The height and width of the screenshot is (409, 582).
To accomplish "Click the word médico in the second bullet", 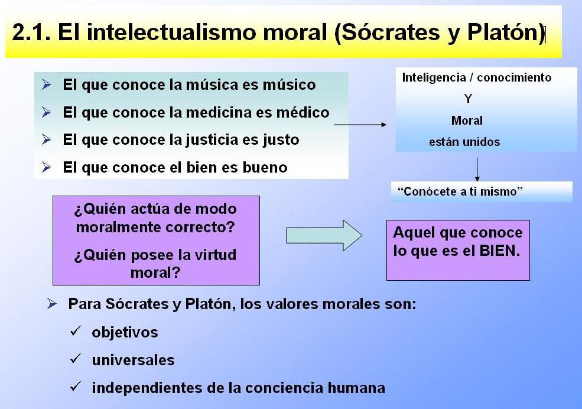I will [x=301, y=112].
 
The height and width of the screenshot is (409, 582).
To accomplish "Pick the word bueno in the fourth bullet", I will [x=265, y=167].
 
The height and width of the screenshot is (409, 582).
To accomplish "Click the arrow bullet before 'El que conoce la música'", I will [x=47, y=85].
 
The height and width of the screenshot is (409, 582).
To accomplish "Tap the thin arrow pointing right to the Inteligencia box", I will [x=360, y=125].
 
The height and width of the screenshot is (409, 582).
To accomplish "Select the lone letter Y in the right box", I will [x=468, y=99].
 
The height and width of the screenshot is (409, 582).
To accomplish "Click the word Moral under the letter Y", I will [x=467, y=121].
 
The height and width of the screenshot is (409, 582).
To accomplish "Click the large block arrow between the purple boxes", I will [x=324, y=235].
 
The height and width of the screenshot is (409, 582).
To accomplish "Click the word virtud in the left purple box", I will [x=211, y=255].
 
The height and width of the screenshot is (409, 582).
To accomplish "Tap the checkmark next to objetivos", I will [x=75, y=332].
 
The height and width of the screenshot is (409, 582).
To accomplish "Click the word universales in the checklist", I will [x=133, y=360].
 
